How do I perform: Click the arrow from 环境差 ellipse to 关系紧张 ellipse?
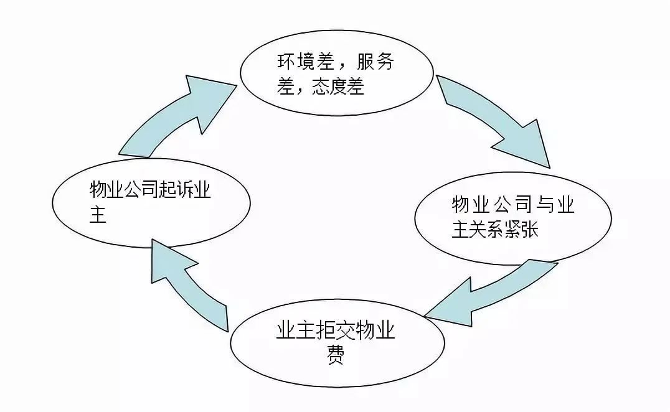tap(496, 115)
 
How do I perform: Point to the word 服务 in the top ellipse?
tap(375, 62)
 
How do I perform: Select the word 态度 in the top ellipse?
tap(329, 87)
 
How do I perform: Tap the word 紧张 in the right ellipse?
tap(521, 230)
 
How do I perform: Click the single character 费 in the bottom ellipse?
tap(336, 355)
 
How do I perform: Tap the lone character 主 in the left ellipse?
tap(98, 214)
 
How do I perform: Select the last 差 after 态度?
tap(356, 87)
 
